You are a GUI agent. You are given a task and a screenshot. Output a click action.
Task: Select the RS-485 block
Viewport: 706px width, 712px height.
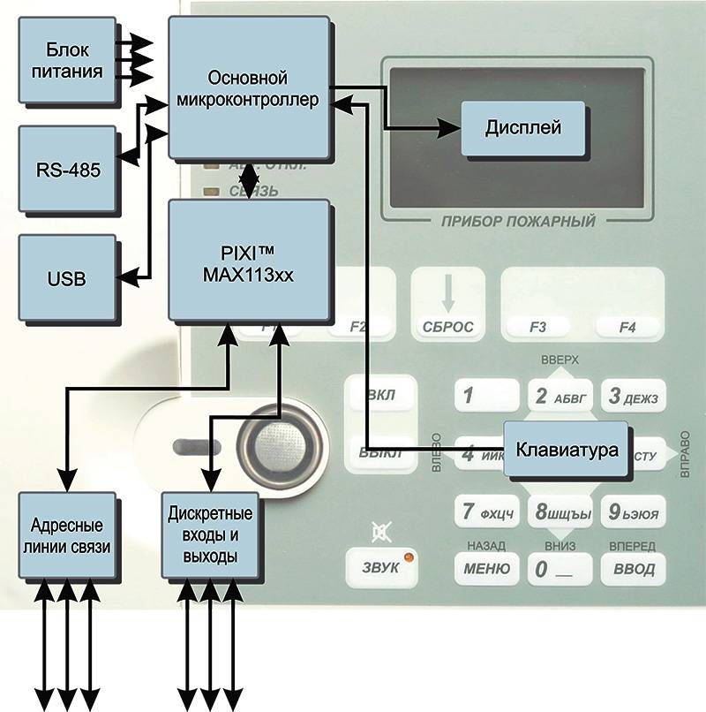point(67,169)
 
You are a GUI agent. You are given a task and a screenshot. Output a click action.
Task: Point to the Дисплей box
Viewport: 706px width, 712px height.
point(523,127)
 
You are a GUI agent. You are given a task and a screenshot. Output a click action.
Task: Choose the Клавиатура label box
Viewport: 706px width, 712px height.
point(566,449)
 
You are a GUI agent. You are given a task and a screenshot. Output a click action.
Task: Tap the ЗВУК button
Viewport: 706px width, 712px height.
point(386,567)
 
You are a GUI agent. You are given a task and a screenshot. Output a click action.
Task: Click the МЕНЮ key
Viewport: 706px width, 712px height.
point(485,568)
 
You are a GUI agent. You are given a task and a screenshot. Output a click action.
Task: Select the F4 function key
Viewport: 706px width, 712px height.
point(627,327)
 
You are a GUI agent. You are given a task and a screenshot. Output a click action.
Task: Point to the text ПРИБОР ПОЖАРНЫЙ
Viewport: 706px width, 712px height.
point(518,221)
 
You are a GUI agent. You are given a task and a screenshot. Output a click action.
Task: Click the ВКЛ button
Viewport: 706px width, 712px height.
point(379,396)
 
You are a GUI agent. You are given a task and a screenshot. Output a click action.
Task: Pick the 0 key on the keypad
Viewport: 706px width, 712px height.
point(559,569)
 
